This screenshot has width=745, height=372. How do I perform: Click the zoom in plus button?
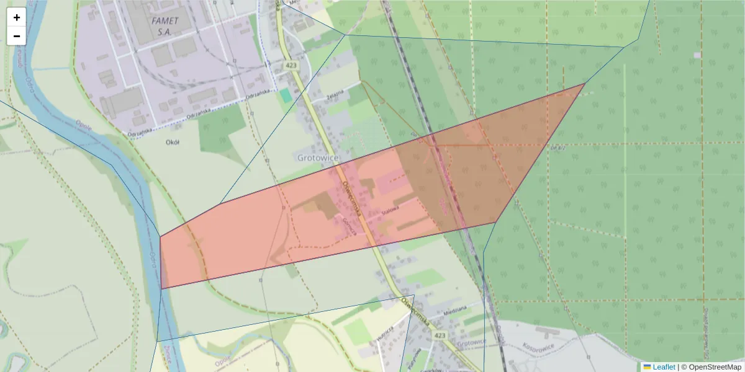pos(17,17)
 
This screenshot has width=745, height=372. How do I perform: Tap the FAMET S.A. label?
pos(165,25)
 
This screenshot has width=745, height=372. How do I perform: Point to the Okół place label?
pos(173,142)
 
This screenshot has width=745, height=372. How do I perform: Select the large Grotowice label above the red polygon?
pos(317,158)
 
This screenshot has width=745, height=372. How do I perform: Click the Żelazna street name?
pos(336,97)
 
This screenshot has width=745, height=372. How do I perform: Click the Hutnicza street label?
pos(386,334)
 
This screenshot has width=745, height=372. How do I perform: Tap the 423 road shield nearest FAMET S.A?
pos(291,65)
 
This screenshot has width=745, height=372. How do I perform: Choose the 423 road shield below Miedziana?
pos(440,335)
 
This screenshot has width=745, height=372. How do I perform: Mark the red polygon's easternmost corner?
pos(585,83)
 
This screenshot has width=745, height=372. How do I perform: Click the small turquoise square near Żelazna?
pos(285,95)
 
